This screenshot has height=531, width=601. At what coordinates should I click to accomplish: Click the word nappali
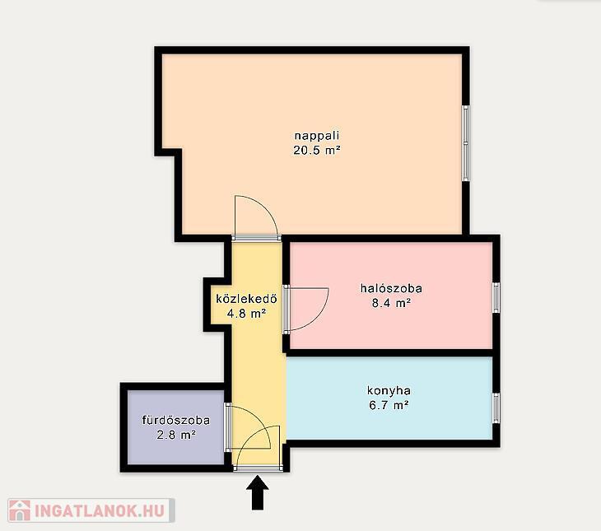(x=317, y=137)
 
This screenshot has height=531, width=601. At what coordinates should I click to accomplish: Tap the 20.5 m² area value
(x=317, y=151)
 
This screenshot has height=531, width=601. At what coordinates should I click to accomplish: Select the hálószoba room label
(x=391, y=288)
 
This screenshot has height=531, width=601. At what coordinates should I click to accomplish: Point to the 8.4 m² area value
(x=391, y=303)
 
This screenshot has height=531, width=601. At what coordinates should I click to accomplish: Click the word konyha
(x=389, y=391)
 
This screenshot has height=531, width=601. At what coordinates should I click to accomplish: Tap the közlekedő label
(x=246, y=299)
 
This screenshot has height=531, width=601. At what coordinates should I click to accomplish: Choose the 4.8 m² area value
(x=246, y=314)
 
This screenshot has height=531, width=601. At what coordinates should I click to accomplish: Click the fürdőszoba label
(x=176, y=420)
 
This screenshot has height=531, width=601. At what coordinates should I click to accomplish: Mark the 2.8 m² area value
(x=176, y=436)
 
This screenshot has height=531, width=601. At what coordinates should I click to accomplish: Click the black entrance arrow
(x=258, y=492)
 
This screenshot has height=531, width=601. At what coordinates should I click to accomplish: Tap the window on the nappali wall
(x=466, y=143)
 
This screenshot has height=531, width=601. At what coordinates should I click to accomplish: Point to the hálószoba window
(x=496, y=297)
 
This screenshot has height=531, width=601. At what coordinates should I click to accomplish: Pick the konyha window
(x=496, y=408)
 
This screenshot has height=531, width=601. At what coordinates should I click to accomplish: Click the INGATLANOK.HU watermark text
(x=100, y=510)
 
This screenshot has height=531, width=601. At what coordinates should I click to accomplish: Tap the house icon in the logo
(x=20, y=510)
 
